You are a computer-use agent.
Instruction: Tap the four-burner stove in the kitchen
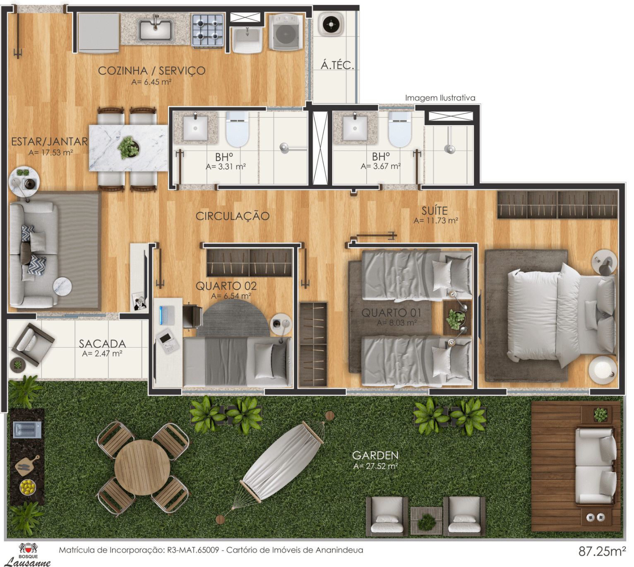(x=207, y=30)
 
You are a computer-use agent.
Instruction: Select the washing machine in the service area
(x=286, y=32)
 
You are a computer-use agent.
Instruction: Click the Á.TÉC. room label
(x=337, y=65)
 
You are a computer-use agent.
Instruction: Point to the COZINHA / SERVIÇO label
(x=152, y=71)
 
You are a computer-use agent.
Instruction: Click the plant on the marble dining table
(x=128, y=147)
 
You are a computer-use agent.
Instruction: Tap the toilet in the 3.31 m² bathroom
(x=237, y=129)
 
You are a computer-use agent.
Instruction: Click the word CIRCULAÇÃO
(x=233, y=216)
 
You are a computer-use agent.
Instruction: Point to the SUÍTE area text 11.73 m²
(x=436, y=221)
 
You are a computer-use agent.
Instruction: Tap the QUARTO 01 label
(x=391, y=312)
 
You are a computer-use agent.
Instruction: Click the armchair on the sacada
(x=33, y=344)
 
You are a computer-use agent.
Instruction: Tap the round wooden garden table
(x=142, y=467)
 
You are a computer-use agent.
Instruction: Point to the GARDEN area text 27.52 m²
(x=375, y=466)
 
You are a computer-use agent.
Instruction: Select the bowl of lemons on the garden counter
(x=28, y=487)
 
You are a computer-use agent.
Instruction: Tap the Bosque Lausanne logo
(x=28, y=555)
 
